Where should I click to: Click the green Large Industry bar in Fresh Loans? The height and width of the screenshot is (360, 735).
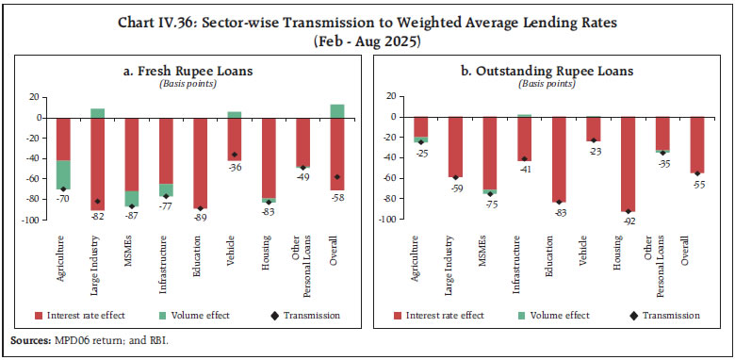97,113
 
